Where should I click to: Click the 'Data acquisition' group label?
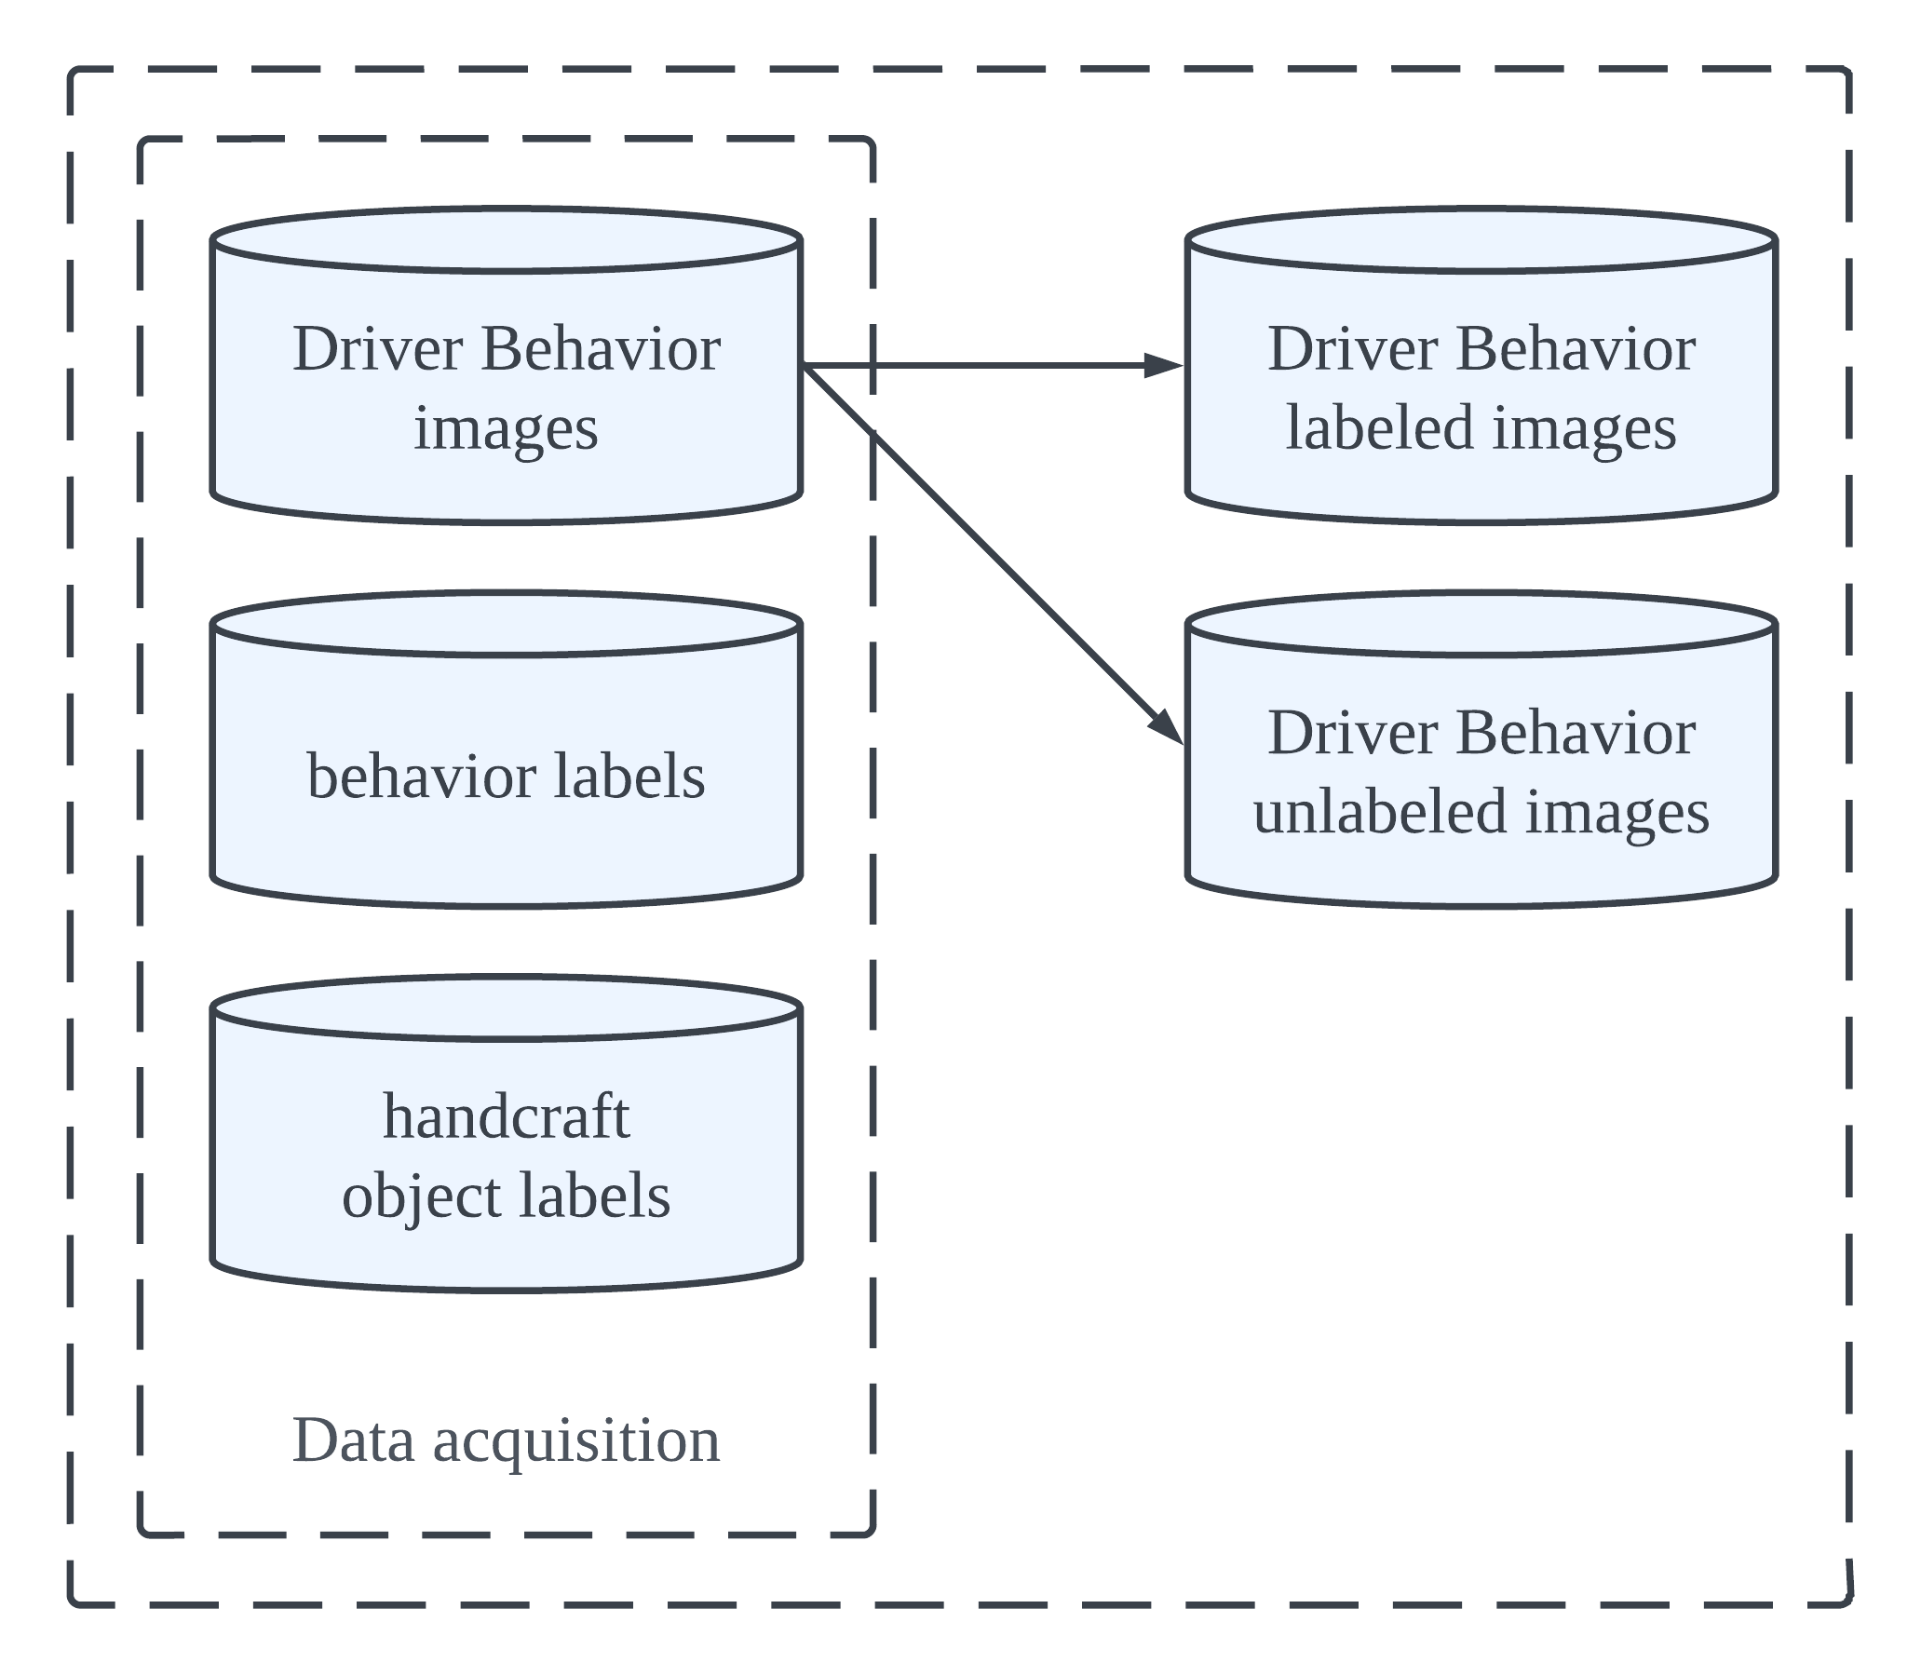coord(506,1439)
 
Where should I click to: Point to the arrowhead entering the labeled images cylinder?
coord(1165,366)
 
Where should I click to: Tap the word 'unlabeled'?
coord(1379,811)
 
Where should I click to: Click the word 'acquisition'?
coord(576,1439)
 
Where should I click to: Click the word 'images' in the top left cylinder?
coord(506,427)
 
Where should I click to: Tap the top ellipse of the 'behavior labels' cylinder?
coord(506,624)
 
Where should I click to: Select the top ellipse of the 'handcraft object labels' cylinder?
coord(506,1007)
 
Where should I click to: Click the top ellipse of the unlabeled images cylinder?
coord(1481,624)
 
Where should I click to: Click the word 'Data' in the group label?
coord(353,1439)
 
